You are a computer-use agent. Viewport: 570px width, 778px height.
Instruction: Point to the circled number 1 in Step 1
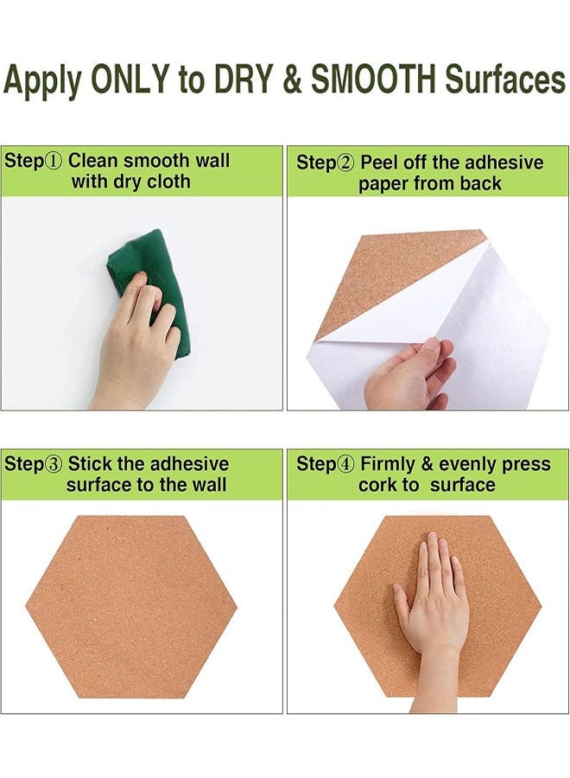click(x=54, y=162)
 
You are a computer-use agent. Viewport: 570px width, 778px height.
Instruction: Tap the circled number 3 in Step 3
click(x=54, y=464)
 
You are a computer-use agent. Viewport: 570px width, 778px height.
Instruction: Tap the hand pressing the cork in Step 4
click(x=432, y=605)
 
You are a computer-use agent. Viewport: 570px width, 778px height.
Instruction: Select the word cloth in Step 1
click(x=168, y=182)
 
